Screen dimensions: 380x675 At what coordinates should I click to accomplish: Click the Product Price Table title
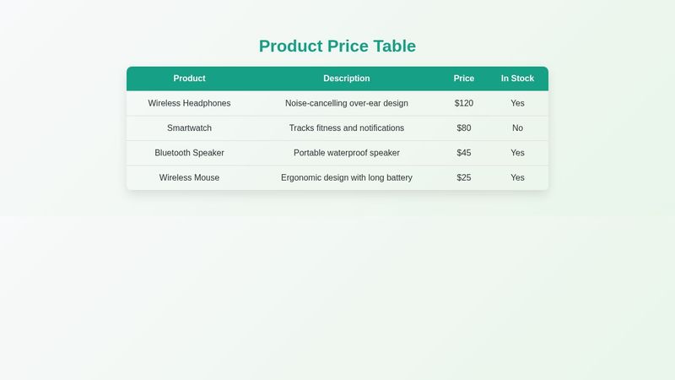click(337, 46)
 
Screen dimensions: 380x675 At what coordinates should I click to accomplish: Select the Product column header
click(189, 79)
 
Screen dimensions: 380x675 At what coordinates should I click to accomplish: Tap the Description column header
click(347, 79)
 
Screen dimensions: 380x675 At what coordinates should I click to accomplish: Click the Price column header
click(464, 79)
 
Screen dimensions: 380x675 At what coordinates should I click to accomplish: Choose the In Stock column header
click(517, 79)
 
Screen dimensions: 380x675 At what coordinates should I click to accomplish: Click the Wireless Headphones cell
click(189, 103)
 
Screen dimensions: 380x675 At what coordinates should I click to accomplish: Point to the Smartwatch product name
click(189, 128)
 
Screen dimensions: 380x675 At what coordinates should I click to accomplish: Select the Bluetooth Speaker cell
click(189, 153)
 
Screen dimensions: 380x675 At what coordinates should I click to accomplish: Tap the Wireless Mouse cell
click(189, 178)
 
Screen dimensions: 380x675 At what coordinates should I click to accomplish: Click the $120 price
click(464, 103)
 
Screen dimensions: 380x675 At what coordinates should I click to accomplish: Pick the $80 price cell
click(464, 128)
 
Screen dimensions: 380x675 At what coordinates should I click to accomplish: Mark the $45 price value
click(464, 153)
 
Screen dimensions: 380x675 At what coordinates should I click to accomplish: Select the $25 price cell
click(464, 178)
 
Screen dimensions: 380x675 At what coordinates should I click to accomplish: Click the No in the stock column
click(517, 128)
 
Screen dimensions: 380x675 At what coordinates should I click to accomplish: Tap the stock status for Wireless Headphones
click(517, 103)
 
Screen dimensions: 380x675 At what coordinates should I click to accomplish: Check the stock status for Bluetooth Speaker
click(517, 153)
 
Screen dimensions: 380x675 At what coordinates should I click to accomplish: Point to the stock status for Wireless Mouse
click(517, 178)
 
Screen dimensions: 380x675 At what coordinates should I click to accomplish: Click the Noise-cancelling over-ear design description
click(347, 103)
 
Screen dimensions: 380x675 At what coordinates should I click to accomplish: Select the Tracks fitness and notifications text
click(347, 128)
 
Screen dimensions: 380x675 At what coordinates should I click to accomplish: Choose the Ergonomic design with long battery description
click(347, 178)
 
